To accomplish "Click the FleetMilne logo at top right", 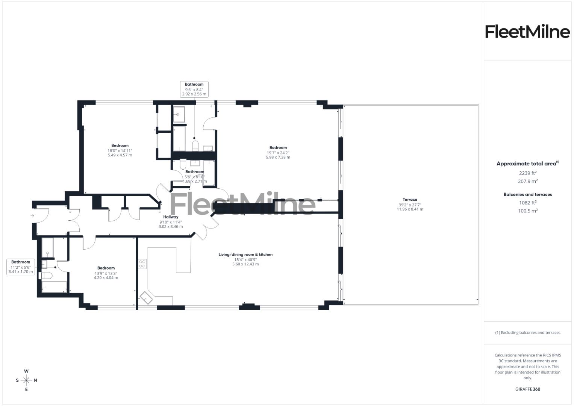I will [527, 32].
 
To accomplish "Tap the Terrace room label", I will [410, 200].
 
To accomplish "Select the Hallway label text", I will [171, 217].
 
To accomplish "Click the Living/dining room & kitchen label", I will [245, 255].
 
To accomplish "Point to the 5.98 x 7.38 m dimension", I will [278, 158].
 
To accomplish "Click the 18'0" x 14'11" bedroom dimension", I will [120, 150].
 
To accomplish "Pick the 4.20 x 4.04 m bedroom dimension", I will [106, 278].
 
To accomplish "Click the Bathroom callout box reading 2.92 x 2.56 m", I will [194, 89].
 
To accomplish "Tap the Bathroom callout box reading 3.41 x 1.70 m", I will [21, 267].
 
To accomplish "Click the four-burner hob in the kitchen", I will [142, 264].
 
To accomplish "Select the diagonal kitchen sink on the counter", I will [147, 298].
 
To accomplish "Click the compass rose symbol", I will [26, 380].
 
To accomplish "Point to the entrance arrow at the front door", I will [32, 215].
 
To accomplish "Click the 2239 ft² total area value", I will [527, 173].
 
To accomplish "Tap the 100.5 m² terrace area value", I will [527, 211].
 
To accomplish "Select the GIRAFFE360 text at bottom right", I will [527, 389].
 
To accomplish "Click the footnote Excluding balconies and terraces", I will [527, 333].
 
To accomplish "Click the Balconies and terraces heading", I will [527, 194].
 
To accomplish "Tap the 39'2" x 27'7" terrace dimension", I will [410, 205].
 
